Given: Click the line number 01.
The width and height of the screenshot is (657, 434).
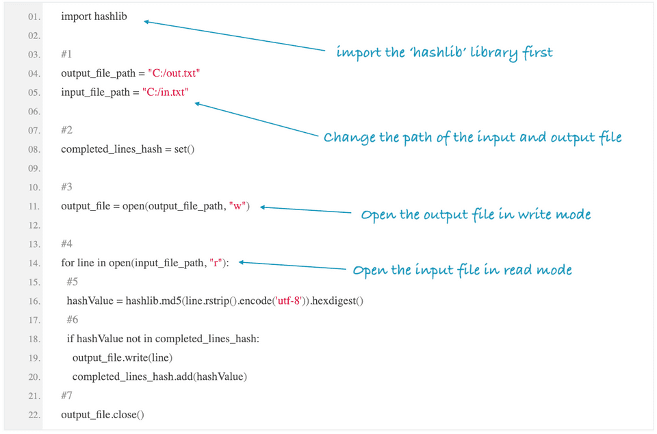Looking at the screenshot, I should click(34, 16).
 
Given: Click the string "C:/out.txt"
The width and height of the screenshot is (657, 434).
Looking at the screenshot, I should click(174, 73).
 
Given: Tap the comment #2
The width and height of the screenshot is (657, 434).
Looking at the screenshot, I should click(66, 130).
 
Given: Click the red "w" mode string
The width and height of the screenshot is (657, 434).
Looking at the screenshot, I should click(239, 206).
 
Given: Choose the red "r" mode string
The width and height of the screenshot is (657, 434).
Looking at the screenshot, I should click(216, 263).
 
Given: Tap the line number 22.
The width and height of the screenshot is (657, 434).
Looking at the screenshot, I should click(34, 415).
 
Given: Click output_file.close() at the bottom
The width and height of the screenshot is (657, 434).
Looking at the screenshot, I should click(103, 415).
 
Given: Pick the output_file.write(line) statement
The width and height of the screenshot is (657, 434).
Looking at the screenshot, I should click(123, 358).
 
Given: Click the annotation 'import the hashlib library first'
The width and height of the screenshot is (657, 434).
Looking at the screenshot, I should click(444, 53).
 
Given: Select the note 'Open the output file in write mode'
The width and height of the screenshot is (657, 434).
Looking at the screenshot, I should click(476, 215).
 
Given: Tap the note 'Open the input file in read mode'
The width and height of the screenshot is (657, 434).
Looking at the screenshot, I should click(462, 270).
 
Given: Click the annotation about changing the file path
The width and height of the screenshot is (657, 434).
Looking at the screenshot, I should click(472, 138).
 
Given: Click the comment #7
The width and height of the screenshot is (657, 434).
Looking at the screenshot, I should click(66, 396).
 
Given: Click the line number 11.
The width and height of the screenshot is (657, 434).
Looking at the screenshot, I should click(34, 206).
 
